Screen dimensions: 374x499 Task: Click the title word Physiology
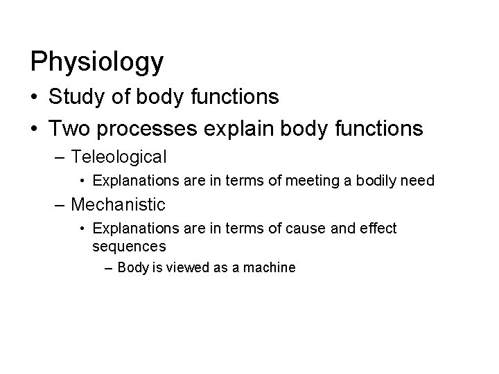(x=97, y=62)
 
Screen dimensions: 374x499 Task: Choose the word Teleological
(x=119, y=157)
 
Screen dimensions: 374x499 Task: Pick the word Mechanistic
(x=118, y=204)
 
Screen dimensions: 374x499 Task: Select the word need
(x=419, y=181)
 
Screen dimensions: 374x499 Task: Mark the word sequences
(x=129, y=246)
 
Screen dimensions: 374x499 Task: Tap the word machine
(x=270, y=267)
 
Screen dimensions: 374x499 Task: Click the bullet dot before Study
(x=35, y=98)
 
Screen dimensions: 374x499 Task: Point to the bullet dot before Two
(x=35, y=128)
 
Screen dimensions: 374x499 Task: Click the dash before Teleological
(x=62, y=157)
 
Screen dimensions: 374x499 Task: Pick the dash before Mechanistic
(x=62, y=204)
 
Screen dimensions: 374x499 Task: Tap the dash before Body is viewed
(x=110, y=267)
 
